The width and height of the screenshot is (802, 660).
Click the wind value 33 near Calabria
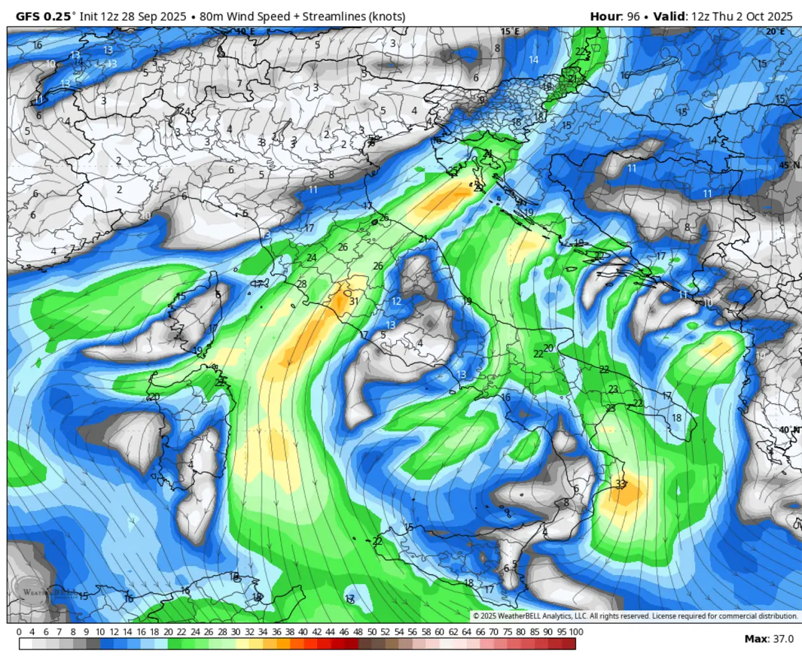click(x=621, y=484)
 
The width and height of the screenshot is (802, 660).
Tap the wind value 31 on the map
click(x=354, y=301)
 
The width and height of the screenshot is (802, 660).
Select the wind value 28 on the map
click(x=302, y=284)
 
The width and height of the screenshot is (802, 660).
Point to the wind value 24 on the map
click(x=312, y=258)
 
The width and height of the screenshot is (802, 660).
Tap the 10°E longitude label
click(x=245, y=31)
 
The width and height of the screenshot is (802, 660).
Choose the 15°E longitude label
click(x=510, y=31)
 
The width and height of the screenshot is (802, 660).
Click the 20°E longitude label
click(x=775, y=31)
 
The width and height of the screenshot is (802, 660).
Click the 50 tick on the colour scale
click(x=371, y=632)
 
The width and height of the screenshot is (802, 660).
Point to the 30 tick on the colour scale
click(x=236, y=632)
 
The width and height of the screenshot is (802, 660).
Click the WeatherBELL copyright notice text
click(x=635, y=616)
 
